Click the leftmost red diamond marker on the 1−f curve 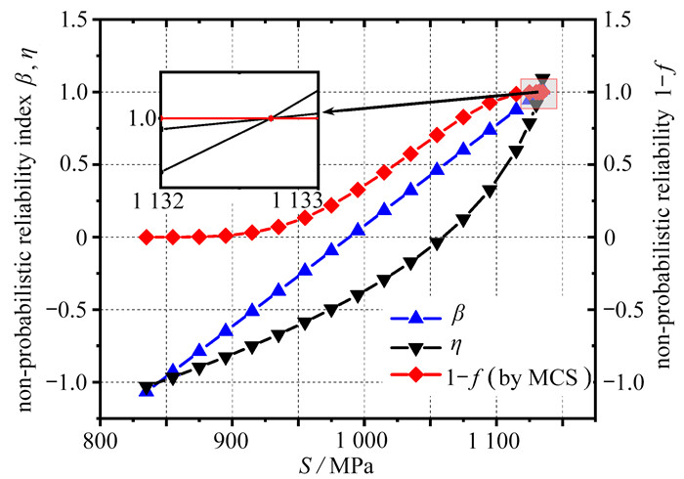(146, 237)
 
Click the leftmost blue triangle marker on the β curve (146, 389)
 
